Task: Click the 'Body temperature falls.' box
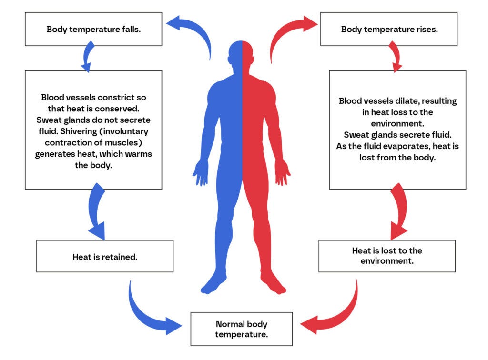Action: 93,29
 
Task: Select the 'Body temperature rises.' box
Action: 389,29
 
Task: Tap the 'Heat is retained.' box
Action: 105,257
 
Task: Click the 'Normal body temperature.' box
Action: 241,329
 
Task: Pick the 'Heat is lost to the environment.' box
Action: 387,256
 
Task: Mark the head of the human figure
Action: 242,55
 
